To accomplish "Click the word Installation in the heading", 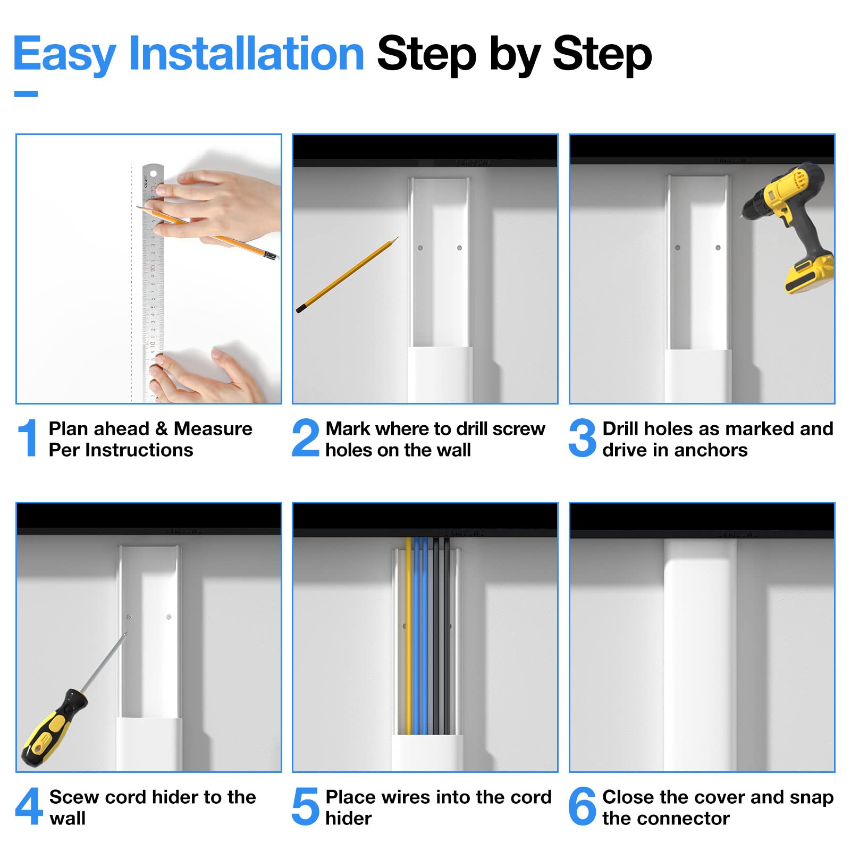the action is pyautogui.click(x=246, y=53).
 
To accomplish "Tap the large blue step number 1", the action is pyautogui.click(x=28, y=437).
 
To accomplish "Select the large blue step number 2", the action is pyautogui.click(x=306, y=437).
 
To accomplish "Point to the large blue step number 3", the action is pyautogui.click(x=583, y=437).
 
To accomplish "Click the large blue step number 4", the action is pyautogui.click(x=29, y=806).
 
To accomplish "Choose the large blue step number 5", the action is pyautogui.click(x=306, y=806).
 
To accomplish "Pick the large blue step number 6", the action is pyautogui.click(x=583, y=806).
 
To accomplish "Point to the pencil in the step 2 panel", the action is pyautogui.click(x=347, y=275).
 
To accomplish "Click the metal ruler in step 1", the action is pyautogui.click(x=153, y=282).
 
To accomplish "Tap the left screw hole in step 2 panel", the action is pyautogui.click(x=420, y=248).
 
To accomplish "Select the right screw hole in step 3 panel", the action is pyautogui.click(x=718, y=248).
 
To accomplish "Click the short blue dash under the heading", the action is pyautogui.click(x=26, y=94).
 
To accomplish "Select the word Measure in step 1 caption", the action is pyautogui.click(x=213, y=428).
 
